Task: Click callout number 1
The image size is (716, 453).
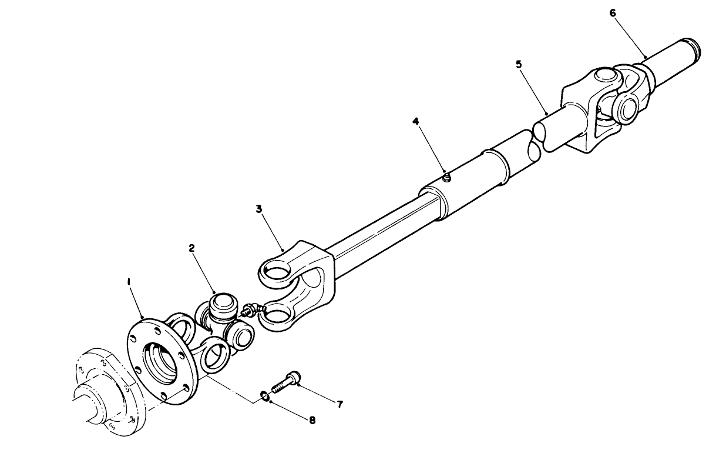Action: click(x=129, y=283)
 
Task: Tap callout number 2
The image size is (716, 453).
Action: click(x=192, y=248)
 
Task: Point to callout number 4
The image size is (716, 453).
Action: click(x=415, y=121)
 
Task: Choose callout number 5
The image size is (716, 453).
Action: click(x=519, y=64)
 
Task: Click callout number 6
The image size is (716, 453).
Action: click(x=613, y=12)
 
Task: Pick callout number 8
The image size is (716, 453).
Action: click(x=312, y=420)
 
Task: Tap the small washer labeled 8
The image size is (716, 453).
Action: click(x=265, y=395)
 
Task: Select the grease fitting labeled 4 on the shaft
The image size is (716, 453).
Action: click(x=446, y=176)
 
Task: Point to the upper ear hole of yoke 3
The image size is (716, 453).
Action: click(x=278, y=272)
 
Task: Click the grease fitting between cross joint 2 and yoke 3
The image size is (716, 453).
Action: click(x=250, y=309)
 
